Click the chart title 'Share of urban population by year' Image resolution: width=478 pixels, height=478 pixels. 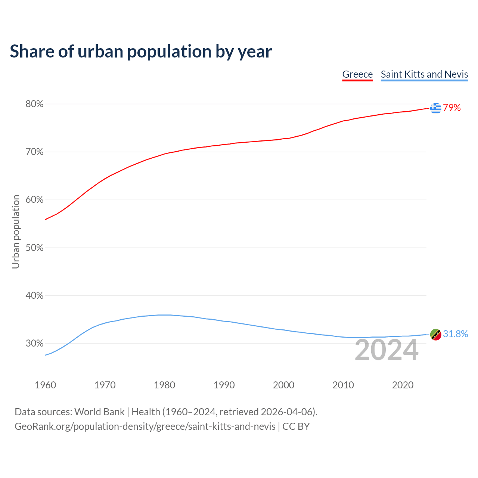pos(141,52)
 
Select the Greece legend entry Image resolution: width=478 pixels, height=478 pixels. pos(357,74)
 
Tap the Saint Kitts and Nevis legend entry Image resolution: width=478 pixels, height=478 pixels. pos(424,74)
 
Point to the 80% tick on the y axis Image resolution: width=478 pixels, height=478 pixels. pos(34,104)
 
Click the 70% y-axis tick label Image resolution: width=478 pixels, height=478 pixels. pos(34,152)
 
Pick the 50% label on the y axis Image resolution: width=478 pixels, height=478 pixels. pos(34,248)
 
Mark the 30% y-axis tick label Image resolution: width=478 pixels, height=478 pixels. pos(34,344)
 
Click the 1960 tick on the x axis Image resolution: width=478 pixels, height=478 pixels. pos(45,385)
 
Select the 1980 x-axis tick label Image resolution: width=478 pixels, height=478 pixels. pos(164,385)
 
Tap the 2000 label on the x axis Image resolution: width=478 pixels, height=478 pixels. pos(283,385)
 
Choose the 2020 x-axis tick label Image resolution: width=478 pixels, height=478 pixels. pos(403,385)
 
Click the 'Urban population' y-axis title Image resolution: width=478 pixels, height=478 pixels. pos(16,232)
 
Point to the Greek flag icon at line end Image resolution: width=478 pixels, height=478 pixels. pos(435,108)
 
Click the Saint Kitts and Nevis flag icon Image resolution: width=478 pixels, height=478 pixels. pos(435,334)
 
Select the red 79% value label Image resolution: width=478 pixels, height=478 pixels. pos(452,108)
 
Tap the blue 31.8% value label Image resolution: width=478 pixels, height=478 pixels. pos(456,334)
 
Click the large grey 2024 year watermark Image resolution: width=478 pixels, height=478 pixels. pos(387,350)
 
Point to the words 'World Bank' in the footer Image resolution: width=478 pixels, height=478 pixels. pos(99,412)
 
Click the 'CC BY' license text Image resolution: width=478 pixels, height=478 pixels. pos(296,426)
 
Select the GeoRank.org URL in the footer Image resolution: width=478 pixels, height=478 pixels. pos(145,426)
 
